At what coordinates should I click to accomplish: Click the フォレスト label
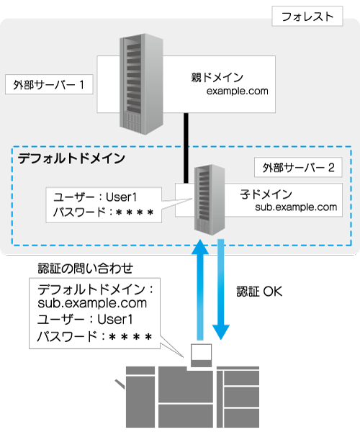pyautogui.click(x=307, y=17)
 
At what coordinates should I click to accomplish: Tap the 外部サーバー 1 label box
pyautogui.click(x=49, y=84)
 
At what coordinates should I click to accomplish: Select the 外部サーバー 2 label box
pyautogui.click(x=298, y=167)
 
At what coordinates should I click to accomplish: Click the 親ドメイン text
pyautogui.click(x=217, y=78)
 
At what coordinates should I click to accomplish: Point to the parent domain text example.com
pyautogui.click(x=237, y=91)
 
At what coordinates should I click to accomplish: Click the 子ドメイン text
pyautogui.click(x=266, y=194)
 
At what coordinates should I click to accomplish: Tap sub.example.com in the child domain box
pyautogui.click(x=296, y=207)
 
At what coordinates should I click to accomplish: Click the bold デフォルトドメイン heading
pyautogui.click(x=71, y=158)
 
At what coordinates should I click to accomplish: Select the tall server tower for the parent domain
pyautogui.click(x=141, y=84)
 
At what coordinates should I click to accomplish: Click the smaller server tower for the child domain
pyautogui.click(x=210, y=199)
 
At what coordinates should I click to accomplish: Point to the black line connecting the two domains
pyautogui.click(x=186, y=148)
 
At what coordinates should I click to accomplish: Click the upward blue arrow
pyautogui.click(x=200, y=289)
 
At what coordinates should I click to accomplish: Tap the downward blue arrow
pyautogui.click(x=221, y=289)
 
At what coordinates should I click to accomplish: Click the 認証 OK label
pyautogui.click(x=259, y=292)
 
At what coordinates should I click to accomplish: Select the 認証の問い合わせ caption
pyautogui.click(x=86, y=268)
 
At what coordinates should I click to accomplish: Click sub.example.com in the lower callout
pyautogui.click(x=92, y=303)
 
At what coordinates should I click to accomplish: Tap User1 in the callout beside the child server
pyautogui.click(x=121, y=197)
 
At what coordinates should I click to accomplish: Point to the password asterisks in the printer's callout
pyautogui.click(x=130, y=337)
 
